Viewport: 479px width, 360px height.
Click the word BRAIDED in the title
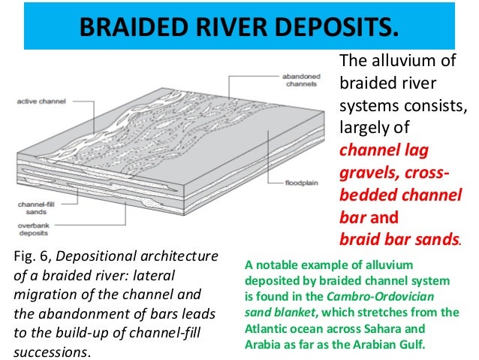coord(125,28)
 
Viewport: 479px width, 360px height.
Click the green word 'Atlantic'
coord(270,328)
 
